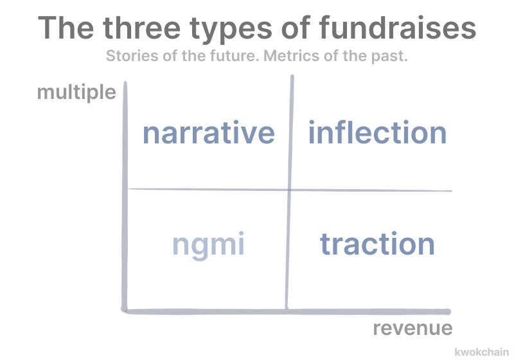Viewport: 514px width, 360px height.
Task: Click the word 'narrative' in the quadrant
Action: tap(208, 133)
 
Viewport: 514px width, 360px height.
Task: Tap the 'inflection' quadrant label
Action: tap(377, 132)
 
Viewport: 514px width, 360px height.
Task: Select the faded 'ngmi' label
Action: tap(208, 245)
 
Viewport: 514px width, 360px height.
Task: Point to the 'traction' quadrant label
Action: tap(377, 244)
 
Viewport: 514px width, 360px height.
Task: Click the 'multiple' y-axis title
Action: tap(76, 92)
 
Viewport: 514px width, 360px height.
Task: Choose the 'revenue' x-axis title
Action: tap(412, 328)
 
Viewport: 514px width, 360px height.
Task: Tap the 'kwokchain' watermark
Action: tap(481, 352)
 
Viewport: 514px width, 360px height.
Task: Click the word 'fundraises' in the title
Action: tap(398, 28)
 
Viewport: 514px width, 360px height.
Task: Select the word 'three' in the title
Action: tap(141, 28)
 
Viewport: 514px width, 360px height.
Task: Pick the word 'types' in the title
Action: tap(231, 30)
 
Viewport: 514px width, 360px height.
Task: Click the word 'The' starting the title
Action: tap(66, 28)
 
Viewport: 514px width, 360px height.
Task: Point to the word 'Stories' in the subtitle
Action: tap(132, 56)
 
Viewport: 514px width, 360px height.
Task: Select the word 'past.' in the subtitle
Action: tap(389, 57)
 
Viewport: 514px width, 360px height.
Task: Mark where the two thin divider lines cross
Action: tap(289, 190)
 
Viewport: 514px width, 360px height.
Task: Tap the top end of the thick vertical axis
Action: tap(125, 83)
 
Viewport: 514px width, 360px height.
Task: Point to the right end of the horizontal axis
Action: tap(448, 312)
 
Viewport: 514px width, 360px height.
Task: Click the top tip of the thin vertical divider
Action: tap(292, 76)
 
